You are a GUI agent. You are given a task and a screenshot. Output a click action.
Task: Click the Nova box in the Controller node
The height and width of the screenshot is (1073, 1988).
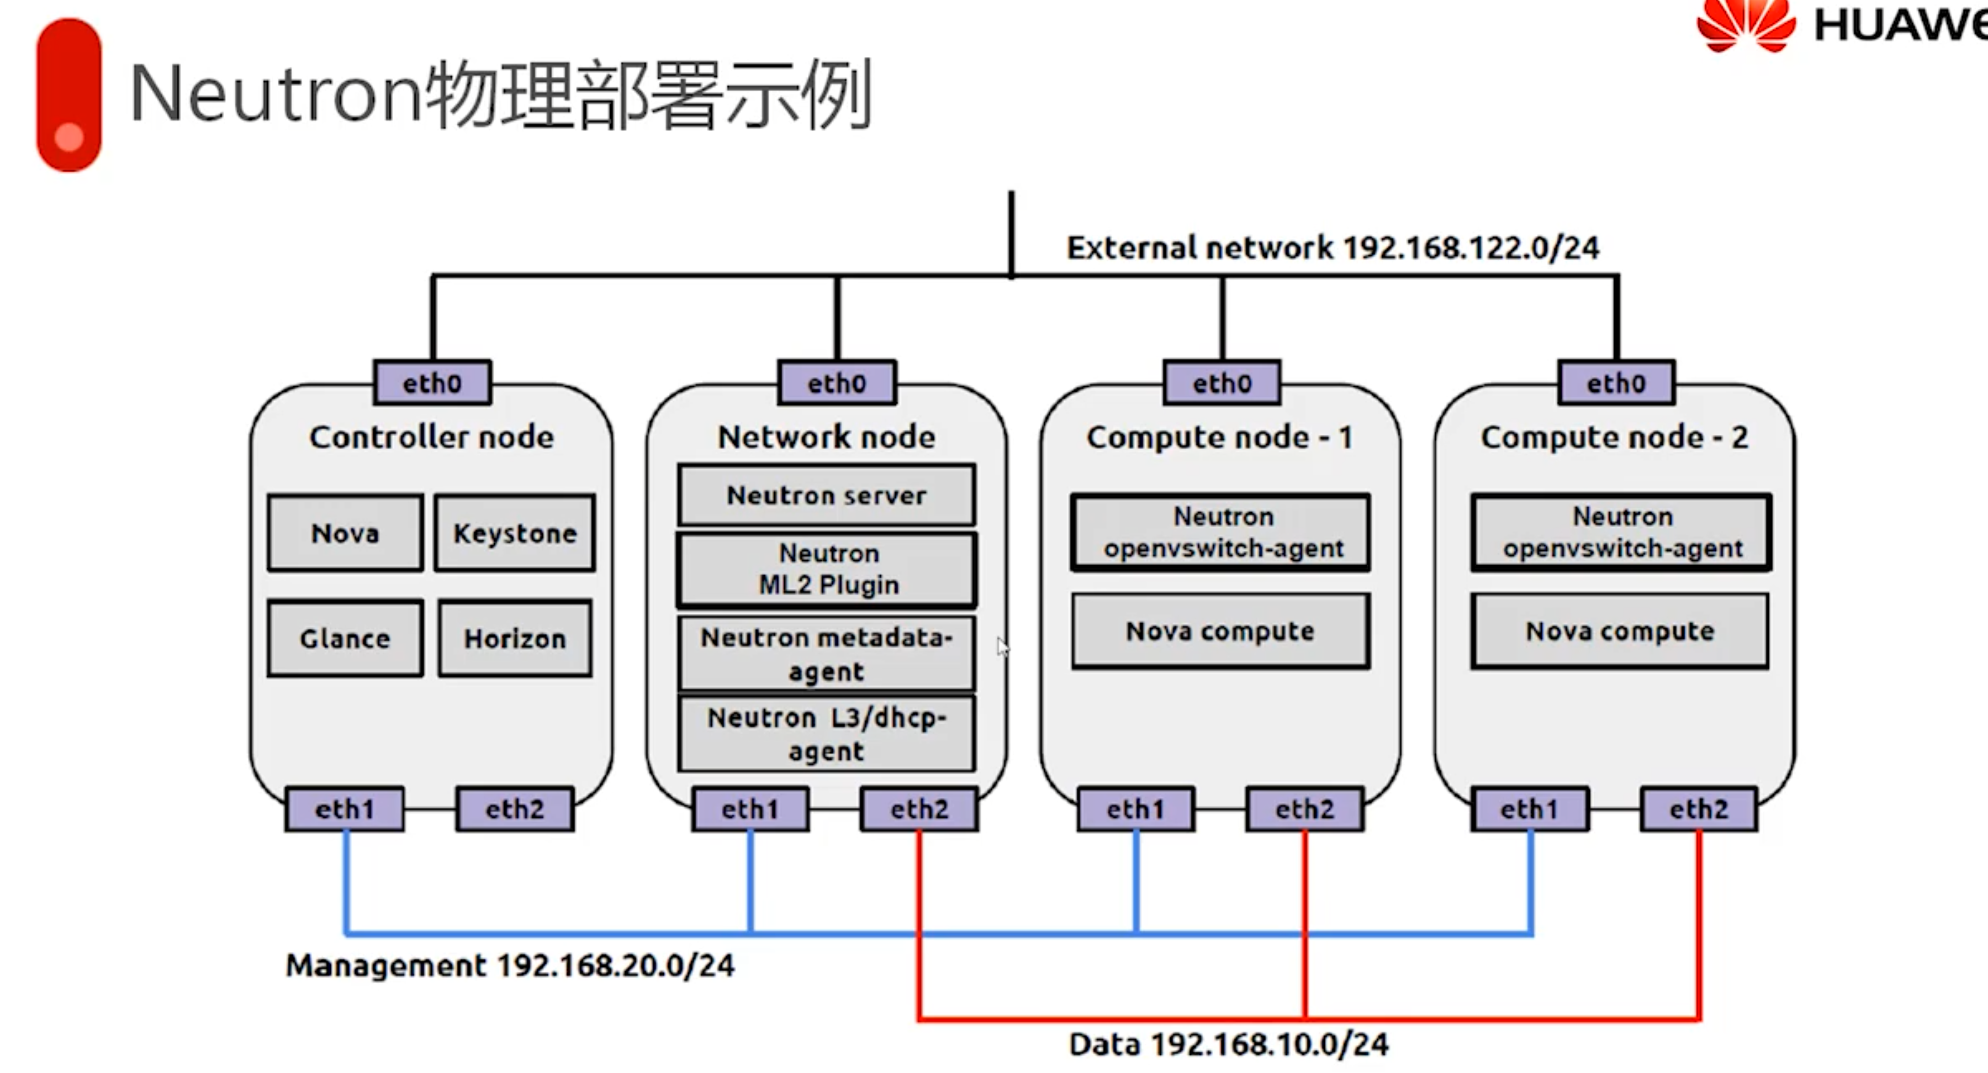(345, 533)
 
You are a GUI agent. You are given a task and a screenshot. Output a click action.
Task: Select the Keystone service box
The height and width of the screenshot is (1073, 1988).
(515, 533)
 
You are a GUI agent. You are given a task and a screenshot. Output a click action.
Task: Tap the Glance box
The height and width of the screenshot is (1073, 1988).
(345, 638)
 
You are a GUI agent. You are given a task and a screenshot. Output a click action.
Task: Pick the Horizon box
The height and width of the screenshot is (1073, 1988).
(515, 638)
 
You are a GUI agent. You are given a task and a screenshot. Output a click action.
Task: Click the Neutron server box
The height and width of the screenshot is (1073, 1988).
(827, 495)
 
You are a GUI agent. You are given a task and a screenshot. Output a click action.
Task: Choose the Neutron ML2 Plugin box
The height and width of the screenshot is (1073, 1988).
(827, 569)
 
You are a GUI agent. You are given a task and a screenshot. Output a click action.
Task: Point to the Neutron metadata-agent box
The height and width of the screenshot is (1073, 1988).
(827, 653)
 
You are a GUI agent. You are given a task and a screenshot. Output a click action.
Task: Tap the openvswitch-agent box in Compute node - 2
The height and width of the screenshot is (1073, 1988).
(1621, 533)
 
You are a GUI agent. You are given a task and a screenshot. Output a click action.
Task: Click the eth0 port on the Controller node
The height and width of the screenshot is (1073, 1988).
(432, 383)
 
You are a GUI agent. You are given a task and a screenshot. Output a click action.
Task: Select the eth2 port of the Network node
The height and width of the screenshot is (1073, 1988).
(919, 809)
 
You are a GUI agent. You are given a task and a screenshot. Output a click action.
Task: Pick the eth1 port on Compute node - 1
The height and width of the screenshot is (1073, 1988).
(1135, 809)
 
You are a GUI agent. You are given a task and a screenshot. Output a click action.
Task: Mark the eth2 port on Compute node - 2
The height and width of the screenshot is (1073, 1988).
(1699, 809)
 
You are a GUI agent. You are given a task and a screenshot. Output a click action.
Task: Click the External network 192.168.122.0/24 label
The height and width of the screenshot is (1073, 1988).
(1333, 248)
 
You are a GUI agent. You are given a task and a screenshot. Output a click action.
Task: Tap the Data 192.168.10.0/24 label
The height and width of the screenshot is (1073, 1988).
(1229, 1044)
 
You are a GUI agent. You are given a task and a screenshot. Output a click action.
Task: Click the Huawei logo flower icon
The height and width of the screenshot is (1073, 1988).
(1746, 25)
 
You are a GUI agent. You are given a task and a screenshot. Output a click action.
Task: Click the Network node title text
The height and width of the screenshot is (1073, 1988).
(827, 437)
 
